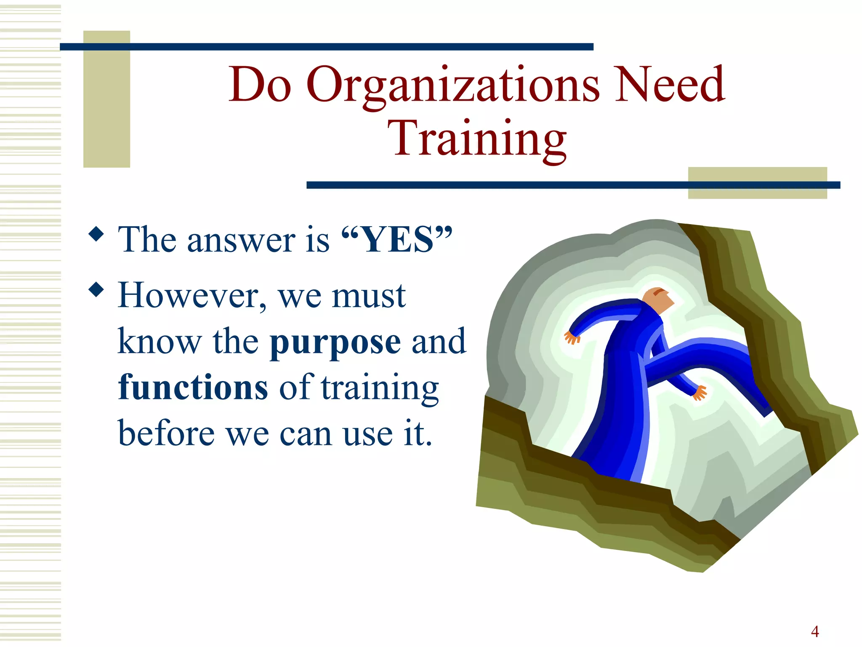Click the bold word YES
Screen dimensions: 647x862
[397, 240]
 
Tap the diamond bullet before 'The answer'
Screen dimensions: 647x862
[96, 234]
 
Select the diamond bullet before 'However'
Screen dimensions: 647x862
[96, 290]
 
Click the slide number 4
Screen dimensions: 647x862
[815, 631]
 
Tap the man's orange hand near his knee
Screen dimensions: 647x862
[700, 393]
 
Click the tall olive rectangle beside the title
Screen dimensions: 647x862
[106, 99]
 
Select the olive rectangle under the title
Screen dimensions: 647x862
[757, 183]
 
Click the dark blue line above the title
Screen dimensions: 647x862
[326, 47]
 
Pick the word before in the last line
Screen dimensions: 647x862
[166, 433]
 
